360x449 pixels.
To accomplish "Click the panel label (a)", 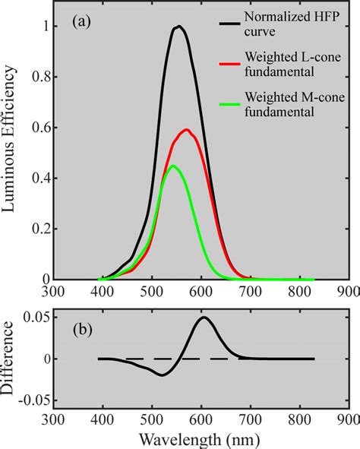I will coord(83,22).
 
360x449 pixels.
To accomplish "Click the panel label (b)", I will coord(83,330).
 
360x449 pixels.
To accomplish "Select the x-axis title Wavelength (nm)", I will coord(200,438).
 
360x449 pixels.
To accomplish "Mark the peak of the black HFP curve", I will coord(179,27).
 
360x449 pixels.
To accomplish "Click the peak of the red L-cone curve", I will coord(186,129).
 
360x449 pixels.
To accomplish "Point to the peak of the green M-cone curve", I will coord(173,166).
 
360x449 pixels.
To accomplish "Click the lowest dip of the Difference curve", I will coord(162,375).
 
